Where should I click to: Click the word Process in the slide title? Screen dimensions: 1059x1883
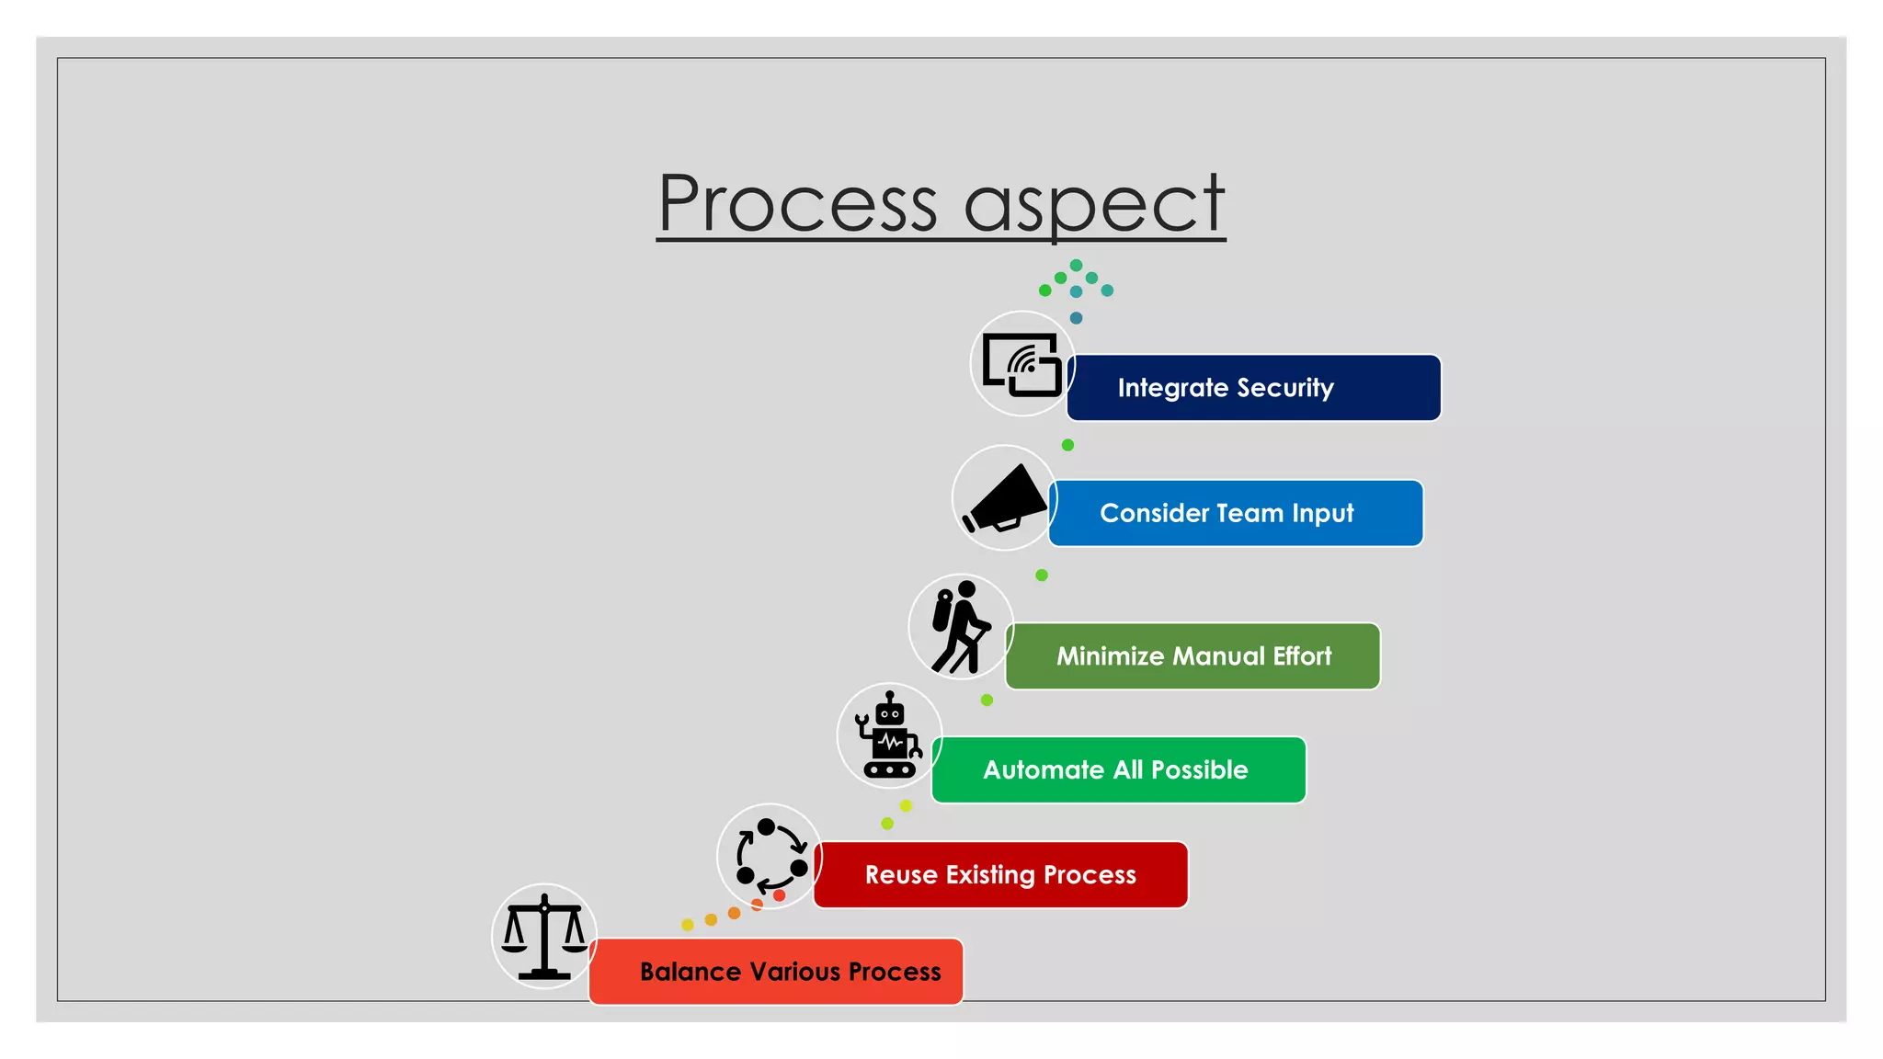pos(797,204)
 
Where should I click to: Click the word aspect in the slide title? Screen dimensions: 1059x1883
pos(1094,204)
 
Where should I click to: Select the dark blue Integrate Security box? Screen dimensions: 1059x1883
pos(1254,388)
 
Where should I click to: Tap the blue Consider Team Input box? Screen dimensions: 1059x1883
pos(1236,513)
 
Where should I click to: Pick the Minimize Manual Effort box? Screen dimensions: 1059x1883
pos(1193,656)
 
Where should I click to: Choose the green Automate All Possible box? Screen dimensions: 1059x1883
pos(1118,770)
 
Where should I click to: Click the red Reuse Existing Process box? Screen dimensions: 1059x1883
pos(1000,875)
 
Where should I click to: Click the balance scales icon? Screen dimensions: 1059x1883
pos(544,936)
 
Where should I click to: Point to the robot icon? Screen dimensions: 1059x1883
pos(888,735)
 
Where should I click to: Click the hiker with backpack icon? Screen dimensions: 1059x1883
pos(960,626)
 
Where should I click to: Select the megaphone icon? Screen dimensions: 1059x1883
pos(1004,498)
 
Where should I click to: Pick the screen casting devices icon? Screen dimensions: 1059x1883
pos(1021,364)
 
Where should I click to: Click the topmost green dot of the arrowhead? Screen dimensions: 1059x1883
pos(1076,266)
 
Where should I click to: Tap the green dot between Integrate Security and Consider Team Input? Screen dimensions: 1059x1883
pos(1067,445)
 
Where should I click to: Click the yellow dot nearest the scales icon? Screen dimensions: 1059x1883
pos(688,925)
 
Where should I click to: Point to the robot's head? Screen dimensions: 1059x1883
pos(889,712)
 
